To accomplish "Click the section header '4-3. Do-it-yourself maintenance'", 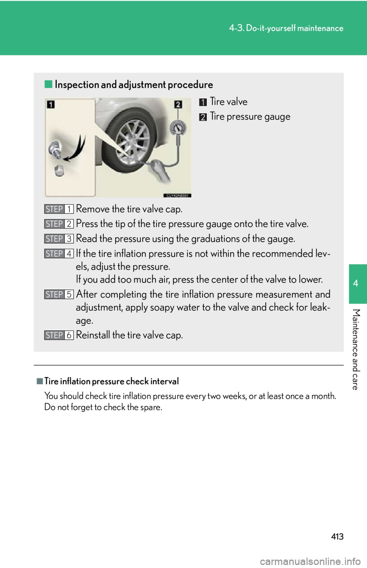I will pyautogui.click(x=286, y=28).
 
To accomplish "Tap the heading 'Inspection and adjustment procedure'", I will pyautogui.click(x=134, y=85).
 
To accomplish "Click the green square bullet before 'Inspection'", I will pyautogui.click(x=48, y=84).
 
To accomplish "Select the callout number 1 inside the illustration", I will pyautogui.click(x=51, y=104).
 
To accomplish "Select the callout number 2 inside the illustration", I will pyautogui.click(x=178, y=104).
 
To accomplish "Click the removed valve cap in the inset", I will pyautogui.click(x=59, y=170).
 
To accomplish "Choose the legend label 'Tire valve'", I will pyautogui.click(x=229, y=102).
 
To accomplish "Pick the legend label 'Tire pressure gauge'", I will pyautogui.click(x=250, y=117).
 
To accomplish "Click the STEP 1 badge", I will pyautogui.click(x=59, y=209).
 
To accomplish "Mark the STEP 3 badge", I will pyautogui.click(x=59, y=239).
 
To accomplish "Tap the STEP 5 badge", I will pyautogui.click(x=59, y=294).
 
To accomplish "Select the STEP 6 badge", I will pyautogui.click(x=59, y=335).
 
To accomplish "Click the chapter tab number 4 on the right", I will pyautogui.click(x=356, y=284).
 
